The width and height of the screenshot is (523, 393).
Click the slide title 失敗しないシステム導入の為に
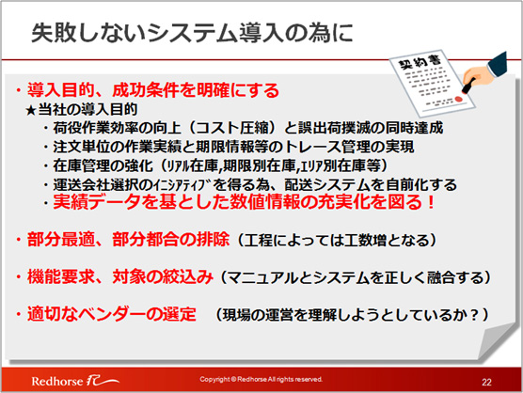(x=192, y=33)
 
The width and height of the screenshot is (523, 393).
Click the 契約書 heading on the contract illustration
(x=420, y=62)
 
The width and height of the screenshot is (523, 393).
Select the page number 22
(x=486, y=382)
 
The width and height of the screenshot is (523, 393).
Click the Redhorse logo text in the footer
(x=57, y=381)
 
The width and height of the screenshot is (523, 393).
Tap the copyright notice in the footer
(x=261, y=379)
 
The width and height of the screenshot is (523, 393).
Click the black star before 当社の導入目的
(x=30, y=110)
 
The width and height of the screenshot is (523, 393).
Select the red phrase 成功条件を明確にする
(x=196, y=90)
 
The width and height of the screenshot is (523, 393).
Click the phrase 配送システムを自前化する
(x=371, y=184)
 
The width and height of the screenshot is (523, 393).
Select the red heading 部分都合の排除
(x=171, y=240)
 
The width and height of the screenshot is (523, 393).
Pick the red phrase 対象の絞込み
(x=163, y=276)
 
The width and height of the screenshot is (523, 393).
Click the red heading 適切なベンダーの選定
(x=111, y=314)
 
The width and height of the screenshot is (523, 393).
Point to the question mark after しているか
(x=473, y=314)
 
